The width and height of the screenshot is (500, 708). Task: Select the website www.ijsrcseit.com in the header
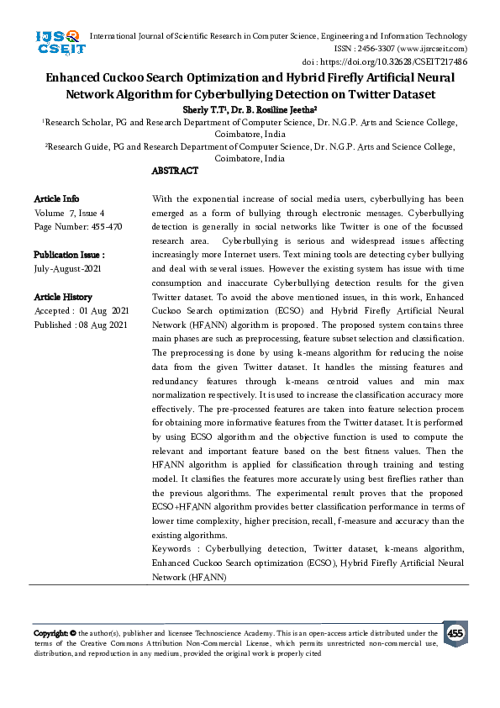click(x=439, y=49)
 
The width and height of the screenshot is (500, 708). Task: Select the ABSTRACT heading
click(x=175, y=171)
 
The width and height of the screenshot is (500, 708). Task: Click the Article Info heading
click(x=57, y=198)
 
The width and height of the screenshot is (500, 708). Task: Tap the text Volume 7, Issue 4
click(x=69, y=213)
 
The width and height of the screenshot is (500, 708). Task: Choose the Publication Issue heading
click(x=69, y=255)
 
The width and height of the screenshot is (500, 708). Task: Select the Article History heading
click(x=63, y=298)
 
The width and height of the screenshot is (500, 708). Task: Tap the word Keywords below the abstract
click(x=173, y=548)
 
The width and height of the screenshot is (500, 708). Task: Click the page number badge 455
click(x=455, y=632)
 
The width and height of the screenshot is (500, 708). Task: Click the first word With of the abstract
click(x=163, y=198)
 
